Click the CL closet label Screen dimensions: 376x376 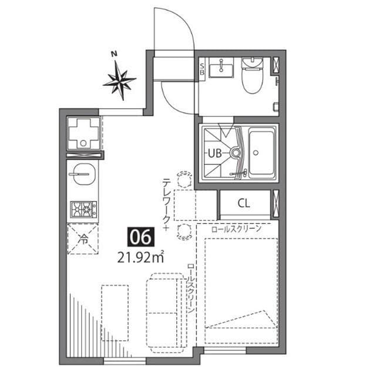[244, 204]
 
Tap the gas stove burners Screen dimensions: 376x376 [83, 209]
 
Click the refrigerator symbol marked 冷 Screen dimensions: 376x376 [83, 239]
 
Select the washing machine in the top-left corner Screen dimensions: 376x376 [83, 133]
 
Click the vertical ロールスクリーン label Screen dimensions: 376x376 [192, 288]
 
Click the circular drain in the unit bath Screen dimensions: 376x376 [236, 153]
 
